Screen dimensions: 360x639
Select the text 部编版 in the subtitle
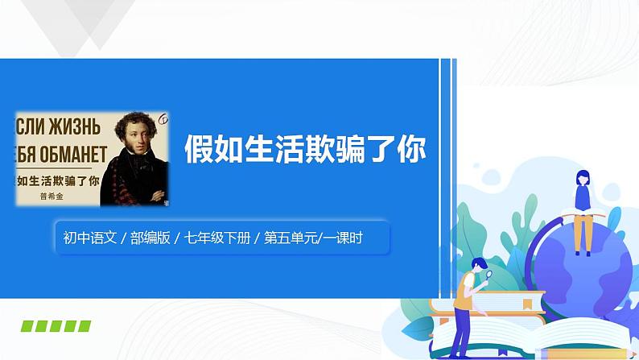coord(150,238)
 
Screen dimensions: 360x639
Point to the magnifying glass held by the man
coord(488,276)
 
